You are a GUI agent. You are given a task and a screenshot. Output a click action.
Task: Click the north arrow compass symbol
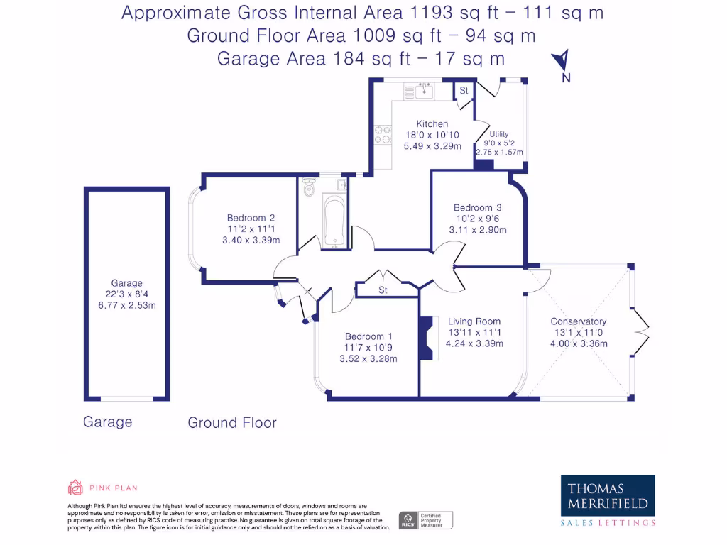click(x=562, y=61)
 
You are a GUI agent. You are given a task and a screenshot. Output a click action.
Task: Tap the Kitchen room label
click(x=432, y=124)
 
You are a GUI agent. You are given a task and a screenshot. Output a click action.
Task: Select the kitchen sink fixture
click(x=427, y=91)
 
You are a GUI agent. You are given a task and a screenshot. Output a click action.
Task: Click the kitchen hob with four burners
click(x=383, y=135)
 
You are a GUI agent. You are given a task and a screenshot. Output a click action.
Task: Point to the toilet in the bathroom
click(x=308, y=189)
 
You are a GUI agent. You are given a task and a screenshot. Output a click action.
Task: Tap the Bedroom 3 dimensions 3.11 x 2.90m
click(x=478, y=230)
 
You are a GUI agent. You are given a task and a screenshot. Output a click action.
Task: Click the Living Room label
click(x=474, y=321)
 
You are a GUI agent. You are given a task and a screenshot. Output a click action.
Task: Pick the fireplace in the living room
click(x=426, y=338)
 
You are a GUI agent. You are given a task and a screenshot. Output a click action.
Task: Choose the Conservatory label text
click(x=579, y=321)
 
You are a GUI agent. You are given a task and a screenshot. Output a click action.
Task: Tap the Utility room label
click(x=499, y=133)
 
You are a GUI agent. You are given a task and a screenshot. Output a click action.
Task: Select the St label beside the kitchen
click(x=464, y=91)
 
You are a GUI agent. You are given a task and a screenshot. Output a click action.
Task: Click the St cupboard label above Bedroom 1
click(x=383, y=290)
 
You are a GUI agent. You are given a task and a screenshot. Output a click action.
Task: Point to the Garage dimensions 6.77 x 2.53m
click(x=127, y=306)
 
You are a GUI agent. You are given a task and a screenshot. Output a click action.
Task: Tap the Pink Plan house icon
click(x=75, y=488)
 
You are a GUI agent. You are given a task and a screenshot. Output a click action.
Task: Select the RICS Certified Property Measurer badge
click(x=425, y=520)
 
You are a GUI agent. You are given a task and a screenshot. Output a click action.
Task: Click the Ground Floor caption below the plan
click(x=231, y=423)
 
